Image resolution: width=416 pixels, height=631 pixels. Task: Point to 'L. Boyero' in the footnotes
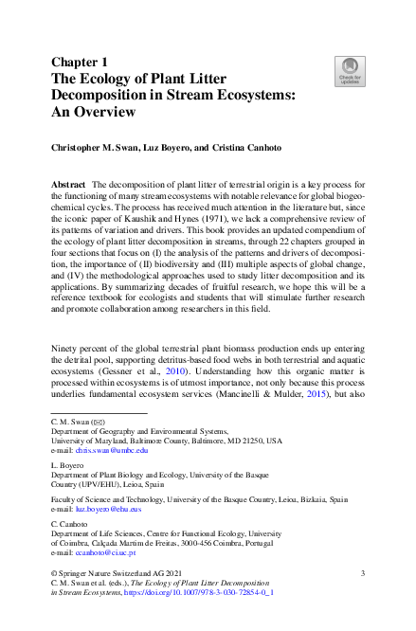point(65,465)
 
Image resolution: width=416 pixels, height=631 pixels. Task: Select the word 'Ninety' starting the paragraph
point(66,351)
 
